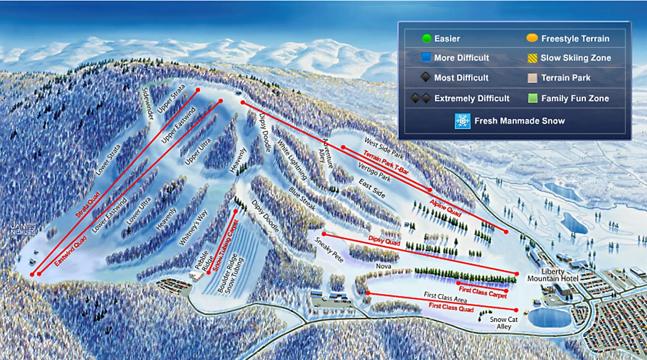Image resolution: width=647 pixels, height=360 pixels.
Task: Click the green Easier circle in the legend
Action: point(427,38)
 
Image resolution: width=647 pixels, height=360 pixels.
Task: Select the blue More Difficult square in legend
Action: point(426,57)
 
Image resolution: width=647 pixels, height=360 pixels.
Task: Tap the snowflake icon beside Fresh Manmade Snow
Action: point(462,121)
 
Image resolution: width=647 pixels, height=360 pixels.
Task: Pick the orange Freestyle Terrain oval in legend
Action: point(532,38)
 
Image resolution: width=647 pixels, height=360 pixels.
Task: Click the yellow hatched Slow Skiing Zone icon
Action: point(532,58)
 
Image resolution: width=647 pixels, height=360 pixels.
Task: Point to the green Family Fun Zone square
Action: point(532,98)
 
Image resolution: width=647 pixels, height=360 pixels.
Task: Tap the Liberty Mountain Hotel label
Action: point(553,275)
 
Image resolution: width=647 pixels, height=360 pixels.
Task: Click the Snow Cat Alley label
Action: point(504,323)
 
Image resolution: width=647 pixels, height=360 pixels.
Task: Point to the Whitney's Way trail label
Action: point(193,227)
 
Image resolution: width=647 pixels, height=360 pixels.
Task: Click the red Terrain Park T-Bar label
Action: point(386,162)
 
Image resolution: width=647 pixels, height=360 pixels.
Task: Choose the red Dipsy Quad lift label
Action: point(384,241)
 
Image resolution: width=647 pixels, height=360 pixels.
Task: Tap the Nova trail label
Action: point(383,266)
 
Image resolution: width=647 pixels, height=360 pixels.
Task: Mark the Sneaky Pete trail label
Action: point(329,250)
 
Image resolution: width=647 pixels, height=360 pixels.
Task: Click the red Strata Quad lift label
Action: point(88,204)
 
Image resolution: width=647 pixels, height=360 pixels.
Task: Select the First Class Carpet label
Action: point(483,292)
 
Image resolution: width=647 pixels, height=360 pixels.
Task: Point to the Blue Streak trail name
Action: point(302,198)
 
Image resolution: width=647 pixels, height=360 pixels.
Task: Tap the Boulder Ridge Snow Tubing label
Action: point(230,273)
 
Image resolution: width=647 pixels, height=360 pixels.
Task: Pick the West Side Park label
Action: point(384,148)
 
